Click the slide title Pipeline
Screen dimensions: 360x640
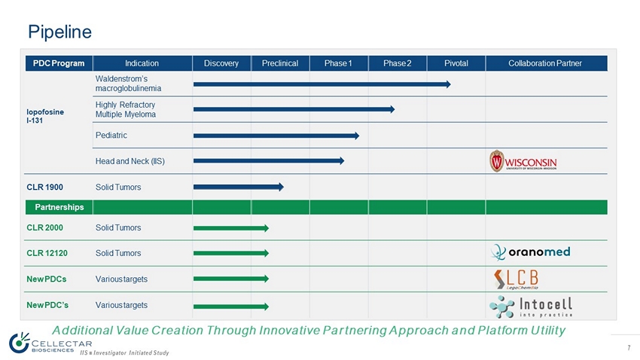pyautogui.click(x=59, y=32)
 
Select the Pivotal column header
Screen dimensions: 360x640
pyautogui.click(x=456, y=63)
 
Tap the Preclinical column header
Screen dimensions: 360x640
pyautogui.click(x=280, y=63)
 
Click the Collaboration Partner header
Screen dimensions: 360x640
pyautogui.click(x=545, y=63)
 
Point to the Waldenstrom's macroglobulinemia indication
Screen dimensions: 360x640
pyautogui.click(x=127, y=84)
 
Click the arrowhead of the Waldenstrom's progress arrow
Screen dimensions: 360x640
pyautogui.click(x=447, y=84)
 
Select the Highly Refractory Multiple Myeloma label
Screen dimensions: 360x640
pyautogui.click(x=126, y=109)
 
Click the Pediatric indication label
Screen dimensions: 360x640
pyautogui.click(x=111, y=136)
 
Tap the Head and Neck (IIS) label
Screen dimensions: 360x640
pyautogui.click(x=130, y=161)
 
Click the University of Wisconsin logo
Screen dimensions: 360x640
pyautogui.click(x=523, y=161)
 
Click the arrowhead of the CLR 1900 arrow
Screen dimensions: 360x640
pyautogui.click(x=280, y=187)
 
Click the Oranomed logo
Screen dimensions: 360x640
pyautogui.click(x=530, y=252)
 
